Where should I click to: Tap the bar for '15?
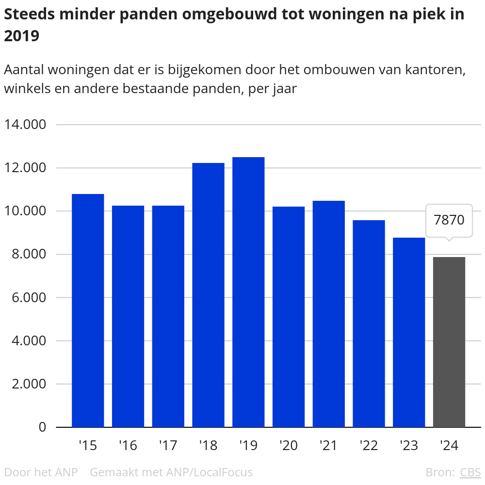click(x=88, y=310)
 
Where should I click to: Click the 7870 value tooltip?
click(x=449, y=220)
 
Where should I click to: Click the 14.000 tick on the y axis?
click(x=25, y=125)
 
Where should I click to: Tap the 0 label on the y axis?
click(x=42, y=427)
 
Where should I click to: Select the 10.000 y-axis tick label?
click(x=25, y=211)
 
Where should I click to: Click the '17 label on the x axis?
click(x=168, y=445)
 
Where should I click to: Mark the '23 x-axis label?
click(x=408, y=445)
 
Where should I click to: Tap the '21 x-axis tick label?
click(x=328, y=445)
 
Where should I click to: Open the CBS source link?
click(x=470, y=472)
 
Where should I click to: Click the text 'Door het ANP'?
click(x=41, y=472)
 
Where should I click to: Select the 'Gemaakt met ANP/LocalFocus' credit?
click(x=171, y=472)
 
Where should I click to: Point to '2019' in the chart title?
click(x=22, y=36)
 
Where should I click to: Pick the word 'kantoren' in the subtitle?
click(x=436, y=69)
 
